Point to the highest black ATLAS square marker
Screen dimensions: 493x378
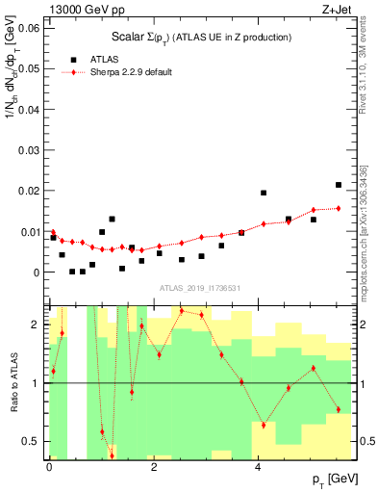pyautogui.click(x=339, y=185)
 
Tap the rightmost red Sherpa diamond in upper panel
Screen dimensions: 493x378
pyautogui.click(x=339, y=208)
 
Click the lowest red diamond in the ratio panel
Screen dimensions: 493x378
pyautogui.click(x=112, y=454)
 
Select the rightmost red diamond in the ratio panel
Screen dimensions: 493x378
pyautogui.click(x=339, y=409)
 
